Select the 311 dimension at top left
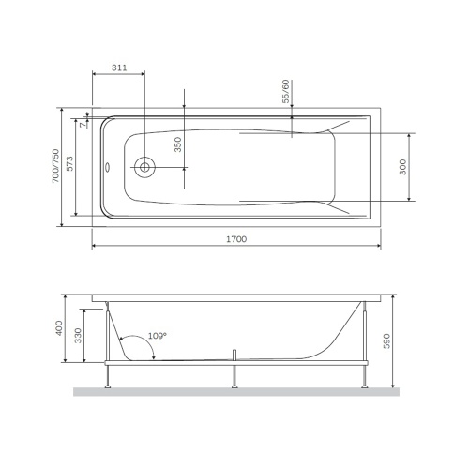(119, 68)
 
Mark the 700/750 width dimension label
(55, 166)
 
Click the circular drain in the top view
(144, 168)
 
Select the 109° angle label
(157, 336)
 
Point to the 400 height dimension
(58, 328)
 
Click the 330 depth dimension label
(79, 339)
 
